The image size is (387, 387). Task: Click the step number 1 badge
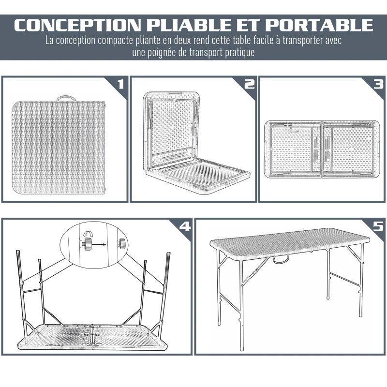120,85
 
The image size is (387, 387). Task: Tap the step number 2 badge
249,85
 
